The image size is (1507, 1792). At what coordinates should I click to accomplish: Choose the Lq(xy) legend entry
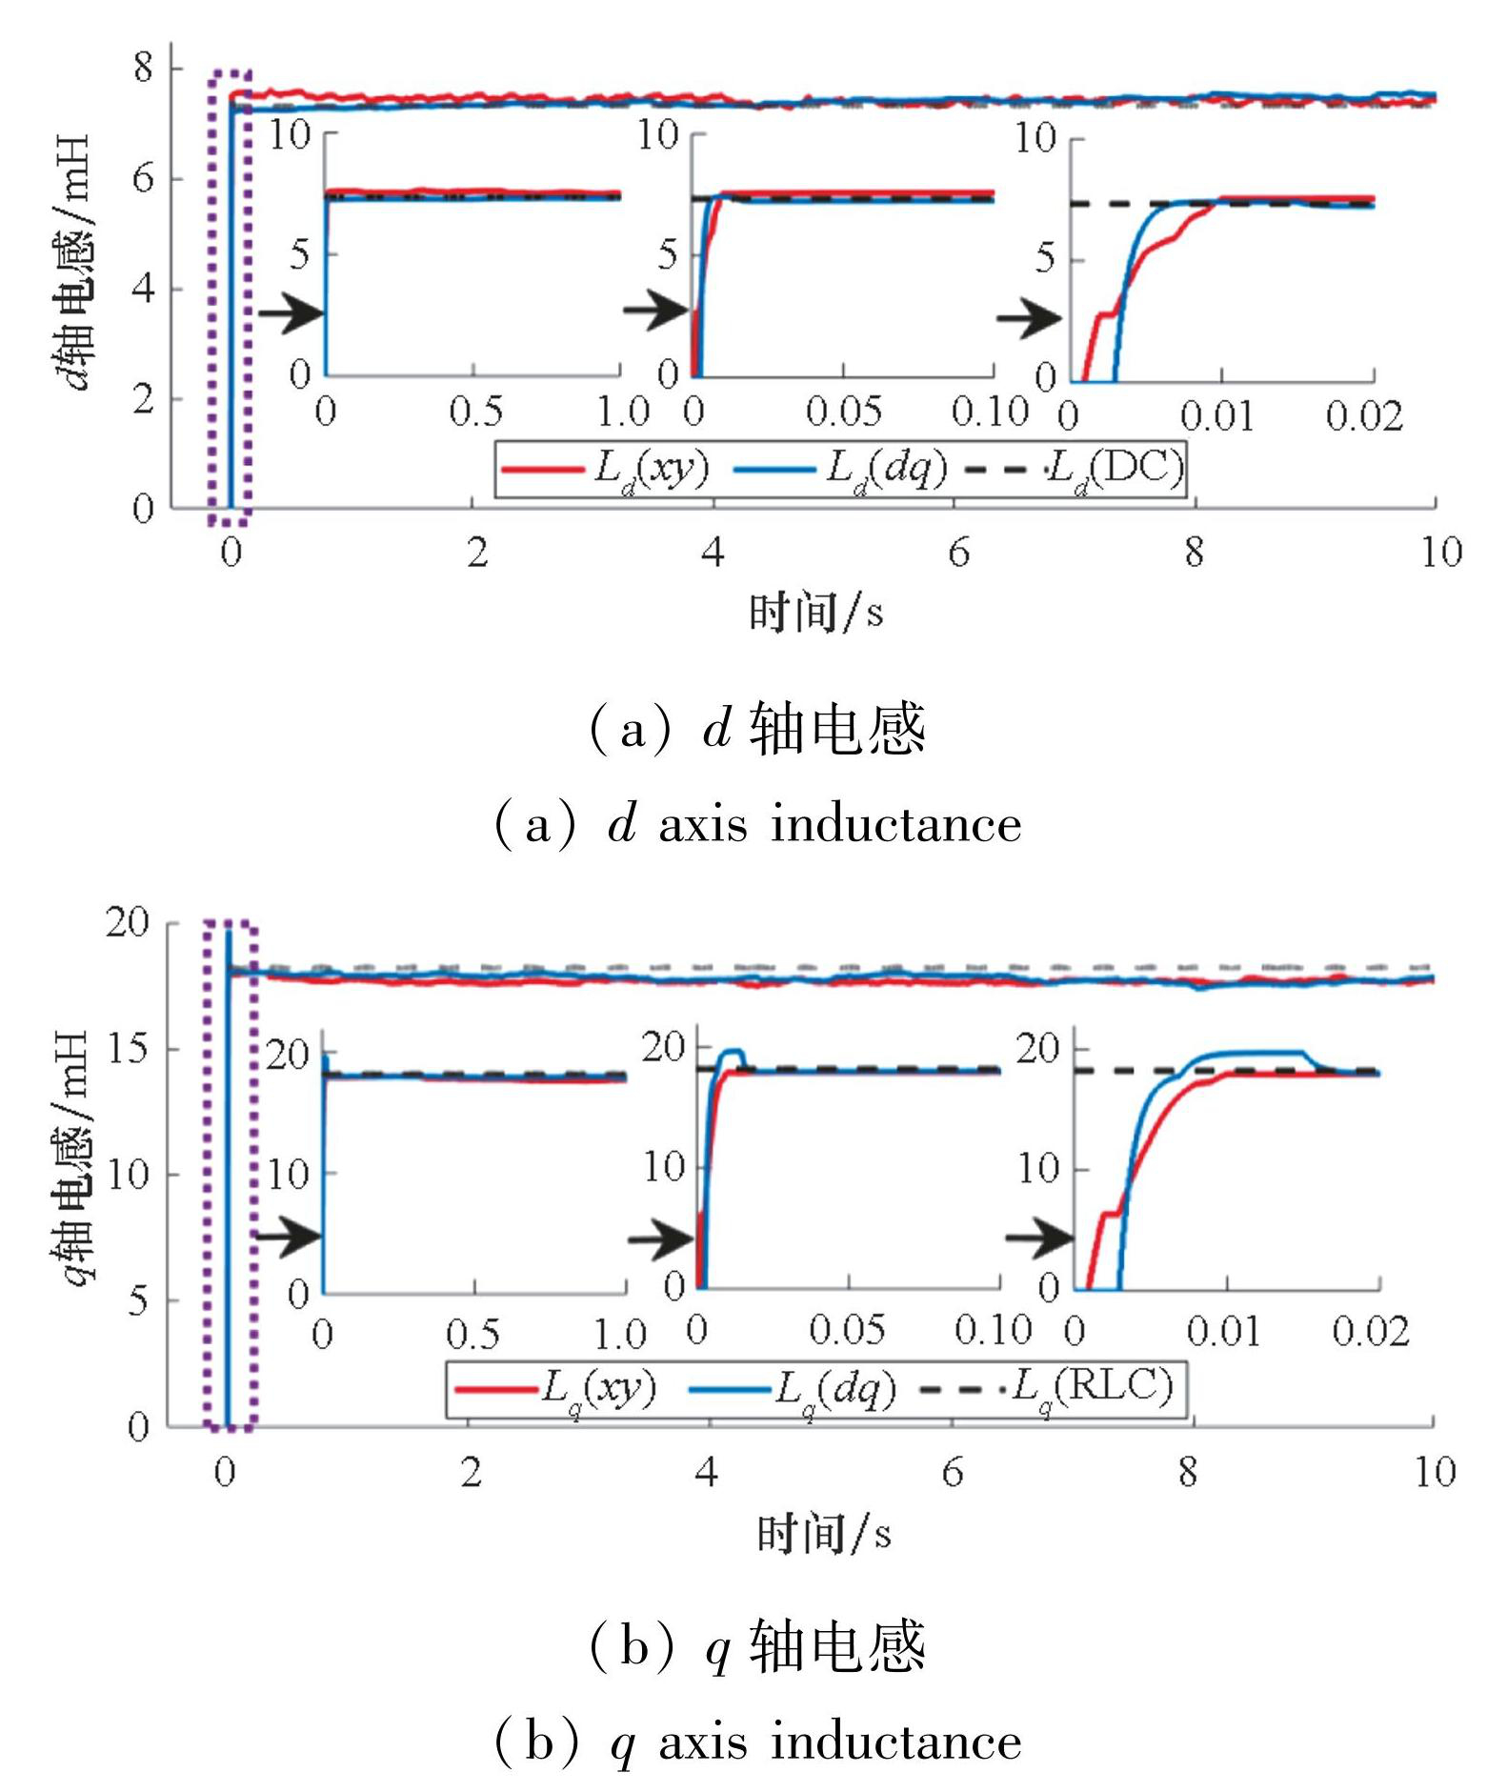556,1389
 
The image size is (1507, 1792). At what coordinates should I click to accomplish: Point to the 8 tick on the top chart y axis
143,68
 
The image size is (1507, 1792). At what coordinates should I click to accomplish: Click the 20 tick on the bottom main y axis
128,922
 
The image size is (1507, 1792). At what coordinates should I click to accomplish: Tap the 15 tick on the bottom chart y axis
128,1049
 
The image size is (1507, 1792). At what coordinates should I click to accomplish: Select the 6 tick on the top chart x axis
958,553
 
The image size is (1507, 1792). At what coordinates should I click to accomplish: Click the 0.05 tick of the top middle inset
843,412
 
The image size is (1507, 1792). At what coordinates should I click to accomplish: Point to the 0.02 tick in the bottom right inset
1370,1332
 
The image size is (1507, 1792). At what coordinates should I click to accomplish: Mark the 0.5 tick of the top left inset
475,412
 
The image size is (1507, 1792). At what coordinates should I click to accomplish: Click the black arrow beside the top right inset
1029,318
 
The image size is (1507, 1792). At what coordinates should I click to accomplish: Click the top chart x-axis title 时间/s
815,613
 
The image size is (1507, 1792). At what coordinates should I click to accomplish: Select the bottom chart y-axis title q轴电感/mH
72,1157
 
